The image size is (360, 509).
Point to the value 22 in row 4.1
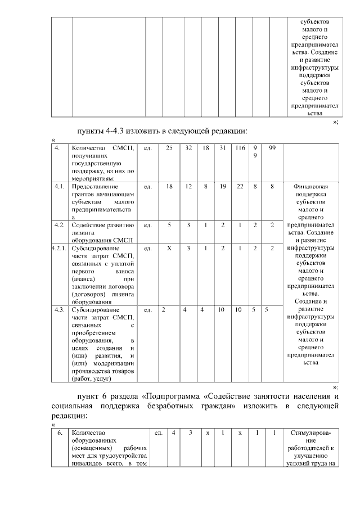click(x=240, y=186)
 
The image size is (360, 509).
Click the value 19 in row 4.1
click(x=223, y=186)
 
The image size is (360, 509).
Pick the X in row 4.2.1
click(x=169, y=248)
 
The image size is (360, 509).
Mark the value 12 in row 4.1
click(x=189, y=186)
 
